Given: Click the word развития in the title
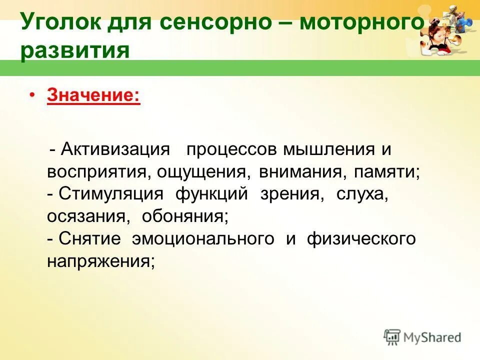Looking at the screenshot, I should click(x=75, y=51).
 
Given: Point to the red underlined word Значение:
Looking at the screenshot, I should click(x=93, y=95).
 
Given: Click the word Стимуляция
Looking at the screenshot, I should click(x=111, y=194).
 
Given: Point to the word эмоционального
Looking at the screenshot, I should click(x=202, y=238).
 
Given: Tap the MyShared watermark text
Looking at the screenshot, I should click(x=432, y=337).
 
